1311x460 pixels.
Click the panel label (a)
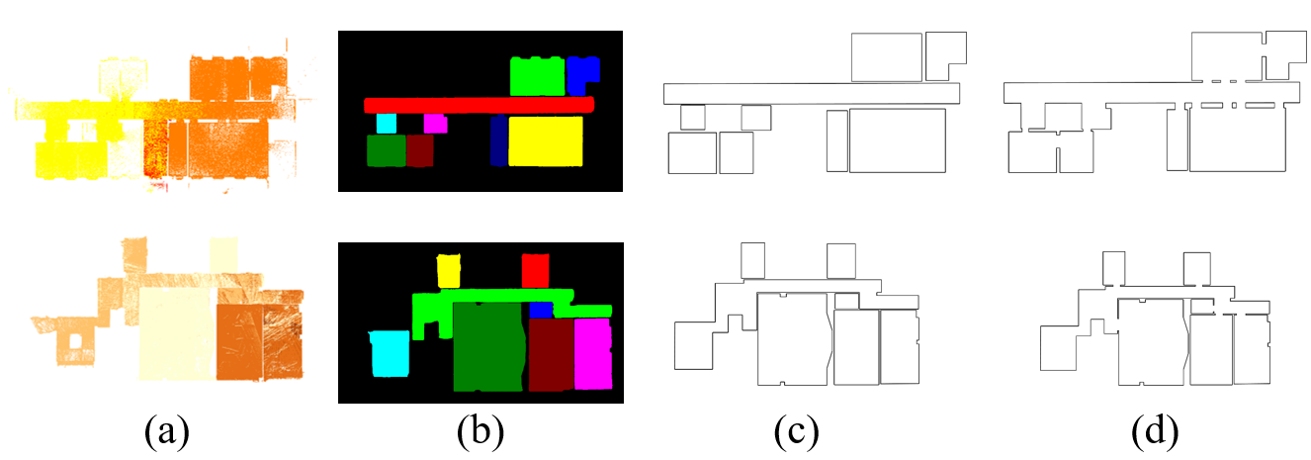[166, 432]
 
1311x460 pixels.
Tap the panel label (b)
[480, 432]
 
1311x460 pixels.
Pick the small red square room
[535, 269]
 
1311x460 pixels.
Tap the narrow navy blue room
[498, 140]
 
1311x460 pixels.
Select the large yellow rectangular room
[545, 140]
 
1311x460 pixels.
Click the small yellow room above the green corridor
[450, 270]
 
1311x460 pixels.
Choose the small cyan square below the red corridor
[387, 124]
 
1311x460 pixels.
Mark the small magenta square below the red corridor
[435, 123]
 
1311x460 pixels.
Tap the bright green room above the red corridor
[537, 76]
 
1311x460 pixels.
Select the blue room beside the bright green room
[583, 73]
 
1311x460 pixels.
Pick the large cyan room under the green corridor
[389, 354]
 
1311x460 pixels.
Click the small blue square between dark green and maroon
[541, 311]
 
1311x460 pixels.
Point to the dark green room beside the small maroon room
[386, 150]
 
